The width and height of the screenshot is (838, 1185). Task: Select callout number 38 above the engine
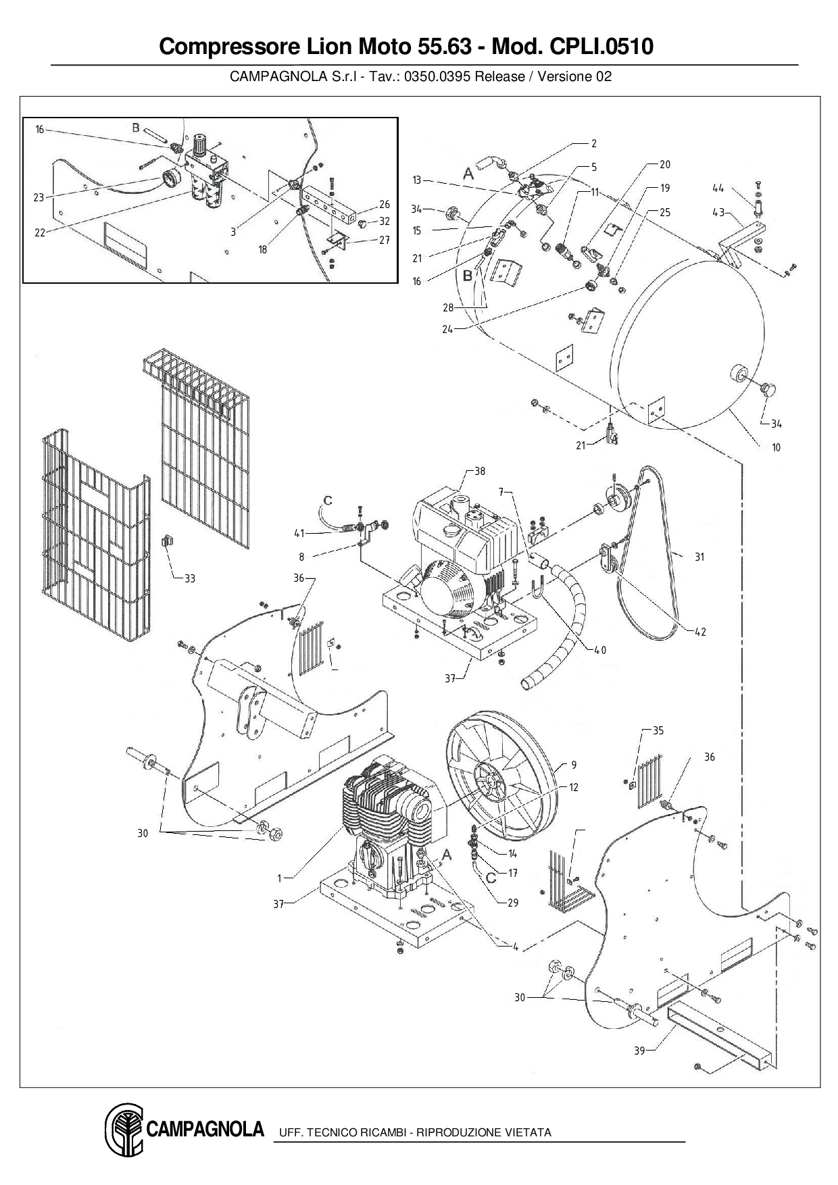tap(479, 472)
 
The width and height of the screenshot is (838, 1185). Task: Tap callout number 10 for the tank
tap(776, 447)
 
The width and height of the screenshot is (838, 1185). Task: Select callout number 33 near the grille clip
tap(190, 578)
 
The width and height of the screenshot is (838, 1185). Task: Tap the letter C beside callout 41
tap(328, 501)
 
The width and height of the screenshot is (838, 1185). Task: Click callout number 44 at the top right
tap(718, 188)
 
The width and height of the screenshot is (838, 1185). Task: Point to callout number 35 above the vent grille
tap(658, 730)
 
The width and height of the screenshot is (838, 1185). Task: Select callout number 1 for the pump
tap(279, 878)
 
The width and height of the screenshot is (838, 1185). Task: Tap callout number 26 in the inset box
tap(384, 205)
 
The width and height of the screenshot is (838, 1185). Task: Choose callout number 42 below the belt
tap(700, 632)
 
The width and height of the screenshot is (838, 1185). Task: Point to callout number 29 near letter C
tap(513, 903)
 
